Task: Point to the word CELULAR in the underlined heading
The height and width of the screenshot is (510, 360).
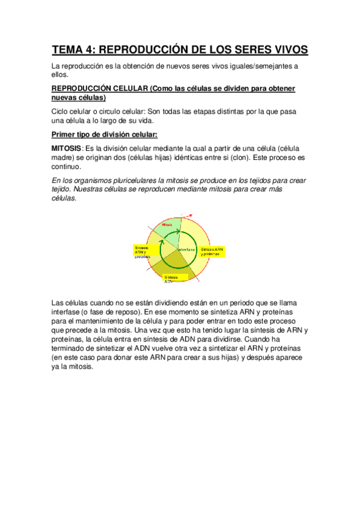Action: [x=126, y=88]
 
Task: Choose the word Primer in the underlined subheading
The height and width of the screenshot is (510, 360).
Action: [x=66, y=134]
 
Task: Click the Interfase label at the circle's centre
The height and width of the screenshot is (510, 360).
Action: [x=187, y=248]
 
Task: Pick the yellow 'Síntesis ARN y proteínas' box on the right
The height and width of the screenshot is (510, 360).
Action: [x=213, y=251]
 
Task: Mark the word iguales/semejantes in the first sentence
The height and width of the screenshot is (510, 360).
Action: [x=258, y=66]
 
